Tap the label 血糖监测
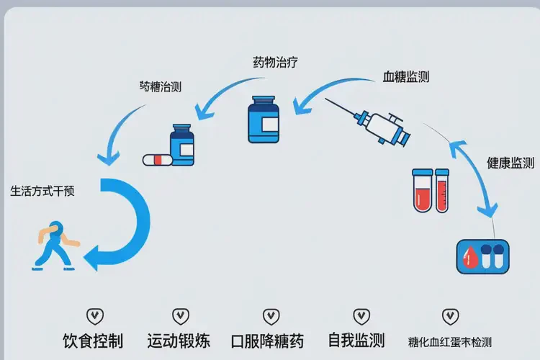pos(406,77)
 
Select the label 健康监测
pos(510,163)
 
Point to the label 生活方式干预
pos(42,192)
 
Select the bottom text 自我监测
pos(356,340)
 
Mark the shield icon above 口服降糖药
pos(271,315)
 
